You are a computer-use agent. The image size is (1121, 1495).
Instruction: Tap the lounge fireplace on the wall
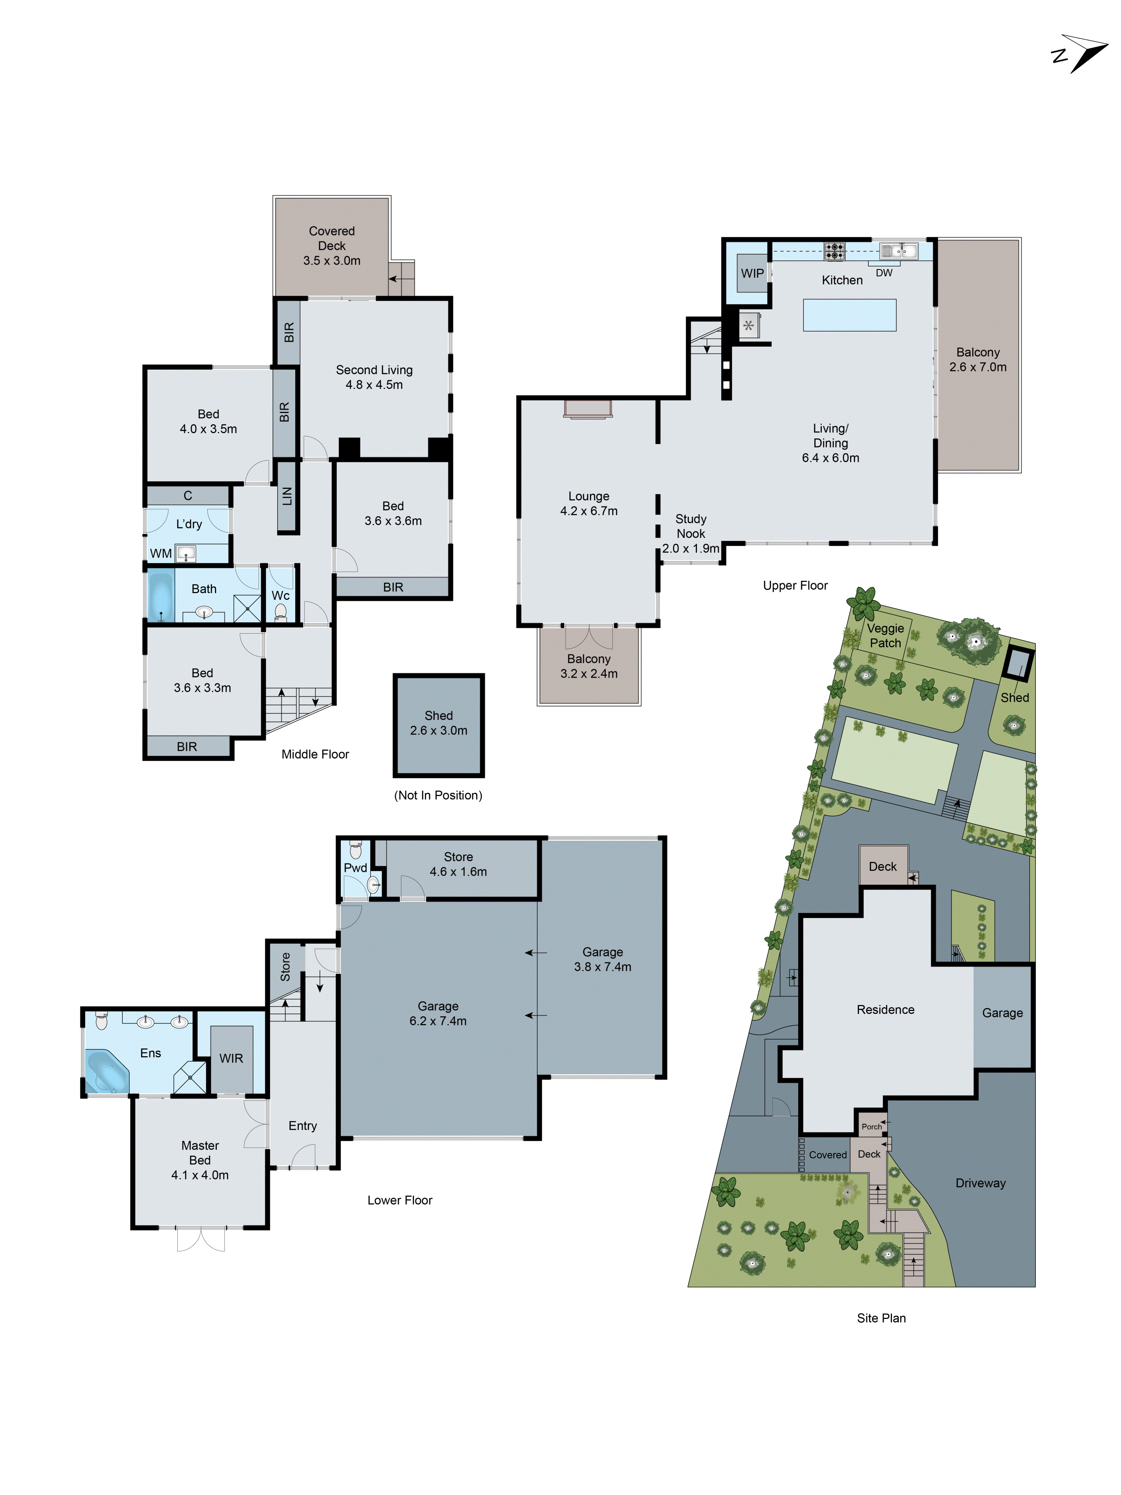click(x=588, y=408)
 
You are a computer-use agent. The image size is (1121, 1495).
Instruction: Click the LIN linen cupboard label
click(x=287, y=496)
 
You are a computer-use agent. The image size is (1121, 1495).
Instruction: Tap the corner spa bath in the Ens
click(x=106, y=1070)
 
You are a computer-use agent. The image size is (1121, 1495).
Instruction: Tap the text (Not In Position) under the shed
click(x=438, y=795)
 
